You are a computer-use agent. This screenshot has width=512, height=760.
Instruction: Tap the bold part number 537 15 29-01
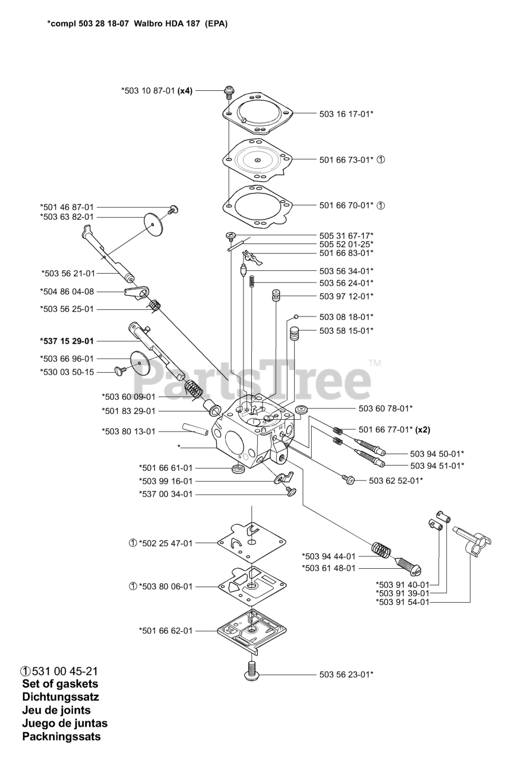pos(67,341)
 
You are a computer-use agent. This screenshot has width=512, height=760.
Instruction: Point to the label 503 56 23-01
pos(346,674)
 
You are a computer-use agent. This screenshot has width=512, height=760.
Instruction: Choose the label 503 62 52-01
pos(396,480)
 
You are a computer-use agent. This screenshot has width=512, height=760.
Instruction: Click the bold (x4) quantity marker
pos(185,91)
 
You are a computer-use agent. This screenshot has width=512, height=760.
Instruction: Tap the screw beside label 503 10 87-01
pos(228,91)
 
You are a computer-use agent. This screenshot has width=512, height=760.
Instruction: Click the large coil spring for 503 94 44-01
pos(381,549)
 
